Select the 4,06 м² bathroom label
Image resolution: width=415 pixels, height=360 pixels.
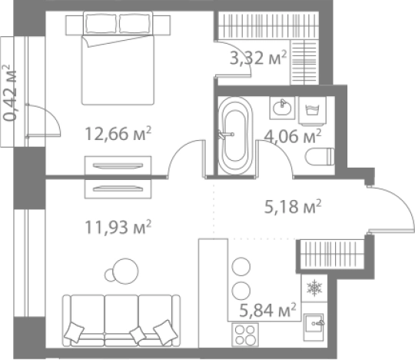coord(292,137)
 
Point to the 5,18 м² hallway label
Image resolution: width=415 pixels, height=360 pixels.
coord(291,207)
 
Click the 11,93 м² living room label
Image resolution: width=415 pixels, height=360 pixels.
coord(117,227)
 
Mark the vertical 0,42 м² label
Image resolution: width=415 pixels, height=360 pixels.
coord(11,93)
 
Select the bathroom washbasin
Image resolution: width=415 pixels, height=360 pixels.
coord(281,108)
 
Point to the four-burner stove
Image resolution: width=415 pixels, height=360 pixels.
coord(245,335)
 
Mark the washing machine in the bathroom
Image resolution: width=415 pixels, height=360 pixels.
coord(313,108)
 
